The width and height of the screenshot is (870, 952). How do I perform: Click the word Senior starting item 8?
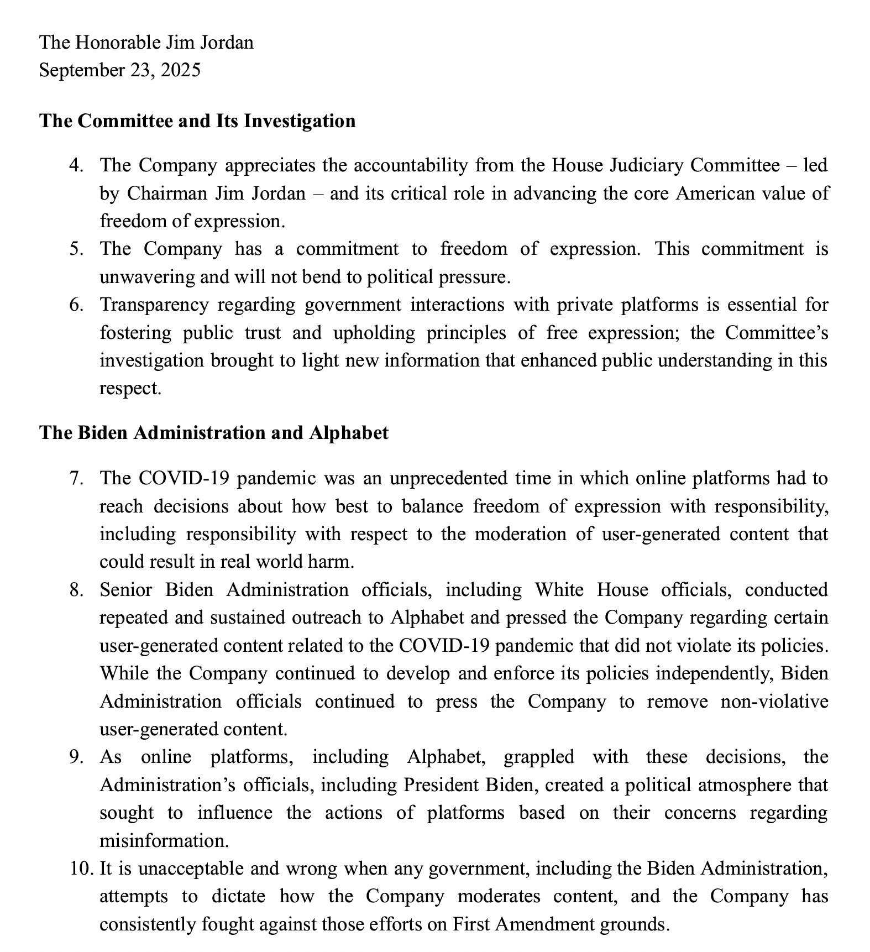click(125, 590)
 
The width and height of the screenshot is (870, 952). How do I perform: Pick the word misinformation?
click(164, 841)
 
